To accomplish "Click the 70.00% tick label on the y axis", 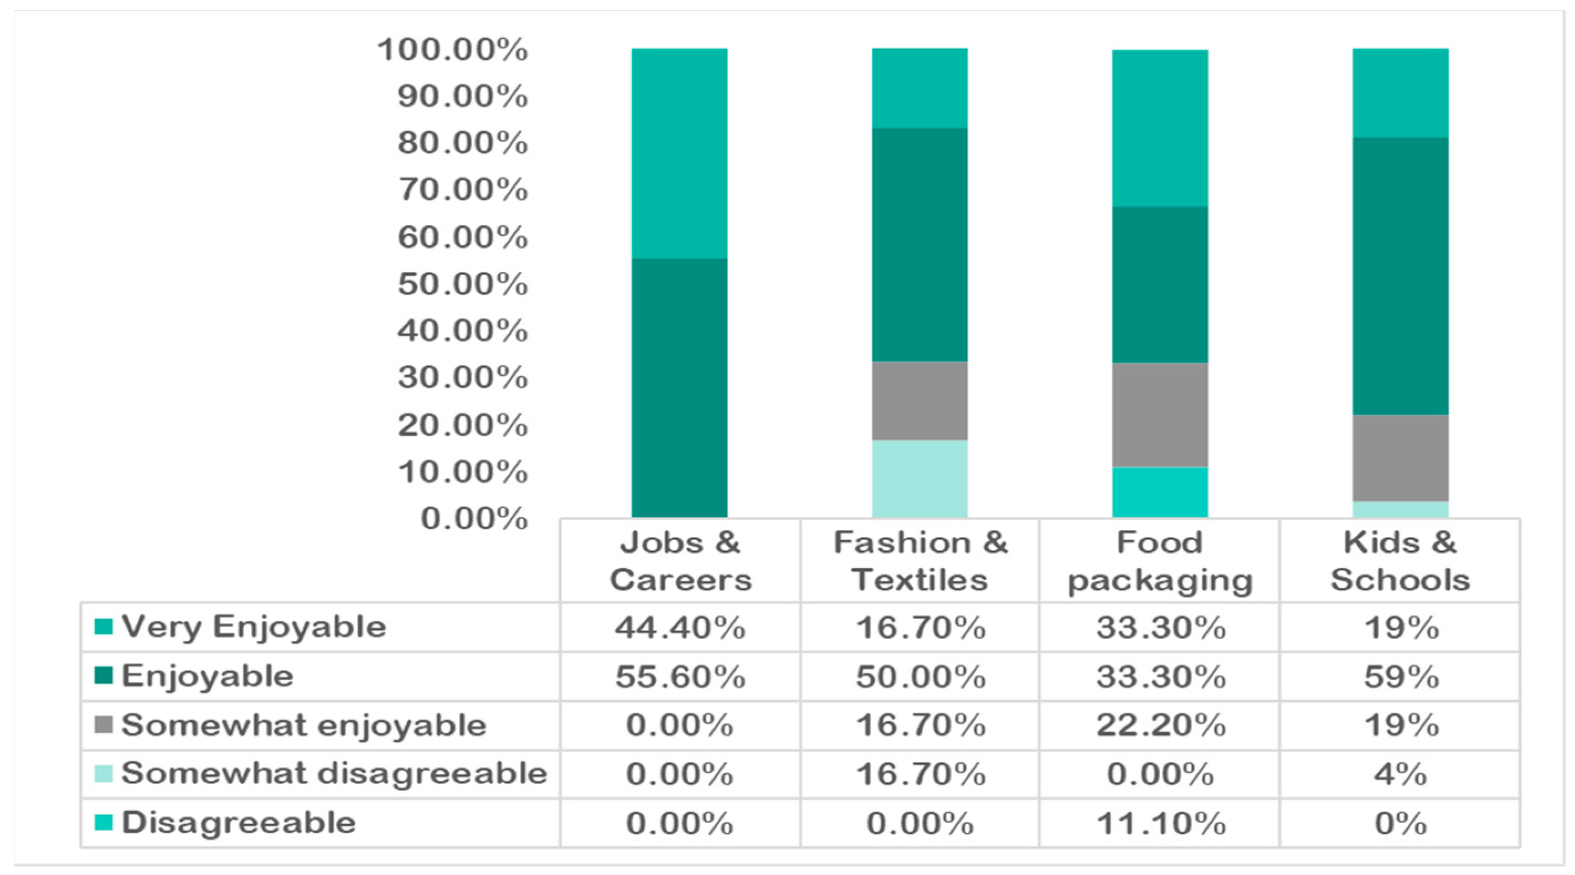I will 463,189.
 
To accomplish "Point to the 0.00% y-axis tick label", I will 474,519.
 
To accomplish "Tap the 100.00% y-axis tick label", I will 452,49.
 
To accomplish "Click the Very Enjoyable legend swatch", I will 104,627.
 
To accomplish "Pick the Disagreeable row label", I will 239,822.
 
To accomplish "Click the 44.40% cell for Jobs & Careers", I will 680,628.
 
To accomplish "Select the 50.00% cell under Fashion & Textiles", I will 920,676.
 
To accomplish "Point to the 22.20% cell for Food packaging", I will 1160,726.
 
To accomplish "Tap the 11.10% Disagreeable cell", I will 1160,823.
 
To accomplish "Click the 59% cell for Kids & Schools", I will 1401,676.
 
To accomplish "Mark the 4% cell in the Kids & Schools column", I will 1401,774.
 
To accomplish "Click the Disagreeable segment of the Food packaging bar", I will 1160,493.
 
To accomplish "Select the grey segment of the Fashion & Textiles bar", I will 920,401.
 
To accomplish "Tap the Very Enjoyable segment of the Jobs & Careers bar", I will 679,153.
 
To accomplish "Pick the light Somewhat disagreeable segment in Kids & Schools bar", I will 1400,510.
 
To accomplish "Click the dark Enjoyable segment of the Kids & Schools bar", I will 1400,276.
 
